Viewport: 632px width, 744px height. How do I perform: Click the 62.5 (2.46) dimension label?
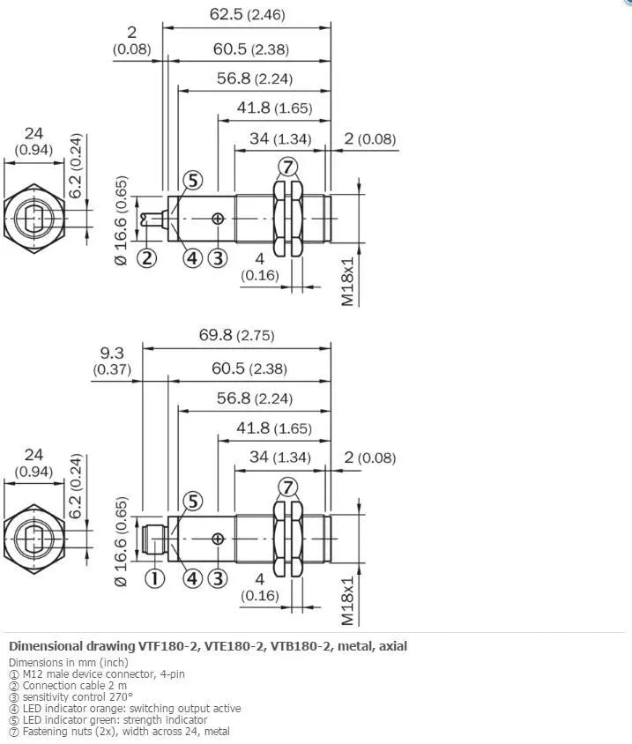click(x=247, y=14)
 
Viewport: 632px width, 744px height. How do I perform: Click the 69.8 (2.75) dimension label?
click(x=236, y=335)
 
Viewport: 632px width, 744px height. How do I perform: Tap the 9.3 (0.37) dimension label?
click(x=112, y=361)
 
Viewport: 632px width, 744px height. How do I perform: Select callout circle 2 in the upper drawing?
click(x=146, y=258)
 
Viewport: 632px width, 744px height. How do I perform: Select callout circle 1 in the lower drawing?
click(x=154, y=578)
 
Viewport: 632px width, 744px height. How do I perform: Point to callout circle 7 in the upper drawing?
click(x=287, y=167)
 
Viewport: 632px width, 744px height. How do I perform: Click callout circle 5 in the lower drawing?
click(x=193, y=501)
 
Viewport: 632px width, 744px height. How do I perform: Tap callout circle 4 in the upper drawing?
click(x=192, y=258)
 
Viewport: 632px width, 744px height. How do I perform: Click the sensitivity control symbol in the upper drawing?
click(x=218, y=219)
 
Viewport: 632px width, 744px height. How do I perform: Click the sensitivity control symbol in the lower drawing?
click(x=218, y=539)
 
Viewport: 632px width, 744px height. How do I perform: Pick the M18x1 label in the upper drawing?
click(x=348, y=282)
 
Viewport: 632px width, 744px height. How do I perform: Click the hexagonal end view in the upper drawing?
click(x=34, y=219)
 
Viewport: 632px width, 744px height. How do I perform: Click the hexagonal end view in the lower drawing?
click(x=34, y=539)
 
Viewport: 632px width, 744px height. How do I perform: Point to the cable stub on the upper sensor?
click(x=154, y=219)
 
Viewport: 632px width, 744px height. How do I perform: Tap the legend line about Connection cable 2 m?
click(x=69, y=686)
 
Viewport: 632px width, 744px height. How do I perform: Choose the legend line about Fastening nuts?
click(x=120, y=731)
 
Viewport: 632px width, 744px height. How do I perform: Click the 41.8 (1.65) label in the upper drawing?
click(x=274, y=108)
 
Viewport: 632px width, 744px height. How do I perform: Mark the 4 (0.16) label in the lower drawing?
click(x=259, y=587)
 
